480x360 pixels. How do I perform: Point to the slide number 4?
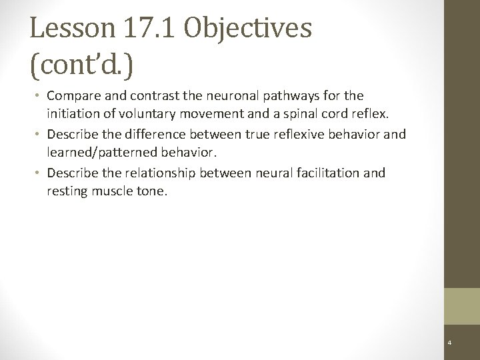450,342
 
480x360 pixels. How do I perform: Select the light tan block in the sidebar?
462,305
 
